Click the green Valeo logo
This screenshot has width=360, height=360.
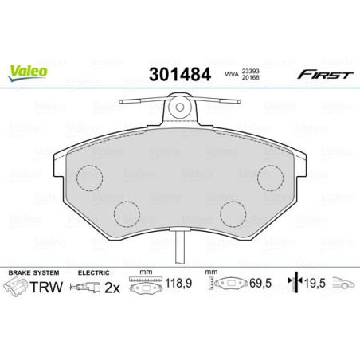pos(28,71)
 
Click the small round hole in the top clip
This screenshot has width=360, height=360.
pos(181,107)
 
